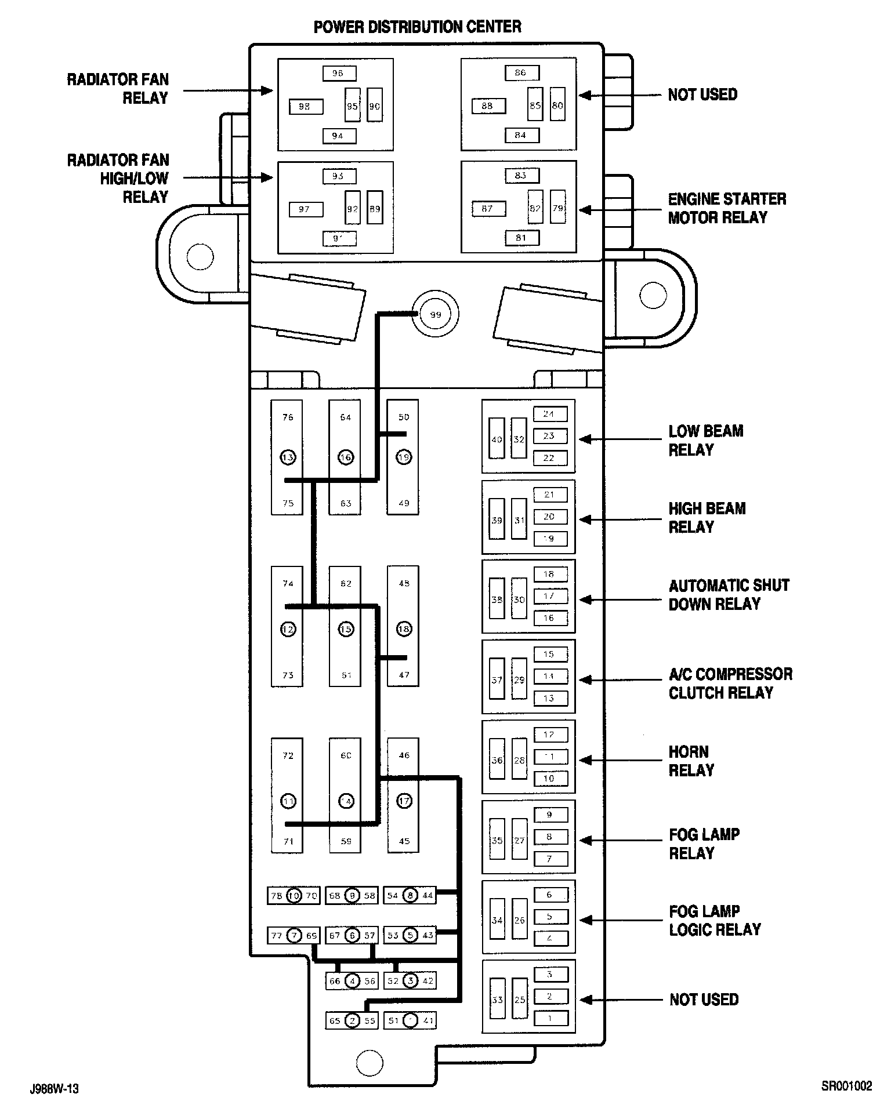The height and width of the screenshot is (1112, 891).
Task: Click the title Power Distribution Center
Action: [x=417, y=27]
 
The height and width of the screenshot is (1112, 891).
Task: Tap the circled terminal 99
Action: [x=435, y=315]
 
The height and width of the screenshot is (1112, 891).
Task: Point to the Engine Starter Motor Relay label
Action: [x=727, y=208]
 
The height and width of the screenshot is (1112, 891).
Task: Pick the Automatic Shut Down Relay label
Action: [x=729, y=595]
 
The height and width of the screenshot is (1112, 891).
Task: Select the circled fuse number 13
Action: [x=288, y=457]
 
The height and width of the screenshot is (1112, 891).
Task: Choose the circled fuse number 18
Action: [x=404, y=629]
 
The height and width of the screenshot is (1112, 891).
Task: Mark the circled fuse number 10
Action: [x=295, y=896]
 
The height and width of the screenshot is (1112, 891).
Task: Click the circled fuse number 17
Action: [x=404, y=801]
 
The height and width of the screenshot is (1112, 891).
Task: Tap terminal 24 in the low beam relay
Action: [x=549, y=414]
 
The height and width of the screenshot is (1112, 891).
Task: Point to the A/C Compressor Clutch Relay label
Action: [x=730, y=684]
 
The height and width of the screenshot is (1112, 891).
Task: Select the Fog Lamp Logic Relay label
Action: [x=715, y=920]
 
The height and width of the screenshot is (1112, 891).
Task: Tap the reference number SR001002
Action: [x=846, y=1086]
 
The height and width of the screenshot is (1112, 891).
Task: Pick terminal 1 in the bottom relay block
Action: [x=549, y=1018]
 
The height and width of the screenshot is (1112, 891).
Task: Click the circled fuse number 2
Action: [x=352, y=1021]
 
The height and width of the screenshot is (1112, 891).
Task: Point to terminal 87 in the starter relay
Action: [x=488, y=209]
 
